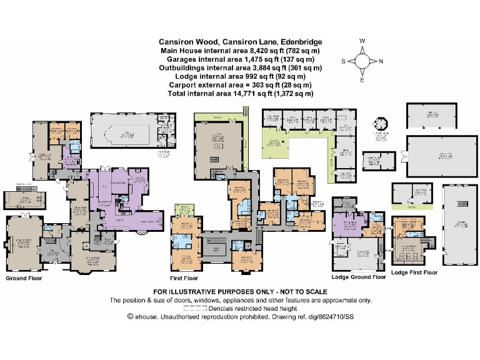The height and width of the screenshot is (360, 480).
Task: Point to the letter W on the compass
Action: (x=362, y=41)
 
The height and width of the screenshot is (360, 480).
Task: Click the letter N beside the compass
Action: (x=381, y=61)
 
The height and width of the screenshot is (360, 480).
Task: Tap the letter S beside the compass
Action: (x=343, y=61)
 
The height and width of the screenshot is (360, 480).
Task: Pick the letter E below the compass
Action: (x=362, y=81)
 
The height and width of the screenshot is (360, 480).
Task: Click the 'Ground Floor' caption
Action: (x=24, y=277)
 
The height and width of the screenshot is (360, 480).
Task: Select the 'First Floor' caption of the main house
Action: (x=184, y=277)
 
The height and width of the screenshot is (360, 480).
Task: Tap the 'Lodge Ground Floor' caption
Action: (x=358, y=277)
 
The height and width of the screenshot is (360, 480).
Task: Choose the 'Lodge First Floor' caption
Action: (x=414, y=272)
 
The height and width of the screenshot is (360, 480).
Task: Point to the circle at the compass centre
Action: (x=362, y=61)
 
